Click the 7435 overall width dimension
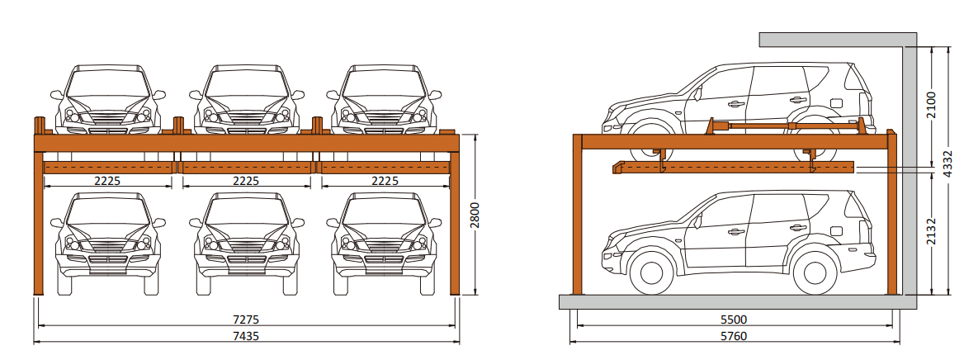(246, 336)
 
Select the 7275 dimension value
(246, 320)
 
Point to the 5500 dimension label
(733, 320)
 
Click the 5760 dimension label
(733, 336)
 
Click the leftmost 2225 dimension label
(107, 181)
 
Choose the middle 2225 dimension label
(246, 181)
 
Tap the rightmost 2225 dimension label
(385, 181)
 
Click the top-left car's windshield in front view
(108, 83)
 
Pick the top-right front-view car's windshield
(385, 83)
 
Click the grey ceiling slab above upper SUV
(831, 40)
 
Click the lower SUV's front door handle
(736, 232)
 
